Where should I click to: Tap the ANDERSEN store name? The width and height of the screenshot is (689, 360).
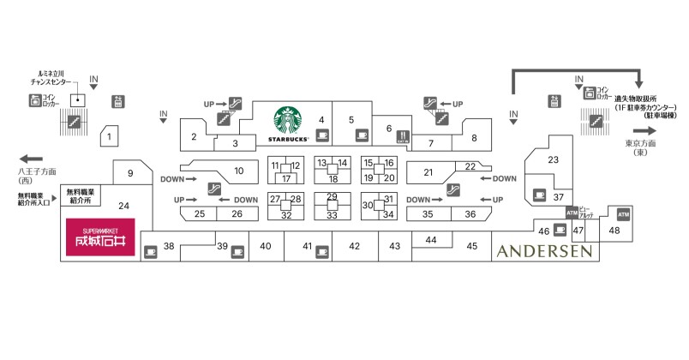point(543,250)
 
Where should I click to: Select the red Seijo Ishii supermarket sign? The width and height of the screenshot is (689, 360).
point(100,238)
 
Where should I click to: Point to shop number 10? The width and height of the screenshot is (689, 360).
point(239,171)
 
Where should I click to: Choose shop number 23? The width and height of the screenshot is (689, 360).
point(554,159)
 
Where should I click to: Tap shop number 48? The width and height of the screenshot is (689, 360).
point(614,230)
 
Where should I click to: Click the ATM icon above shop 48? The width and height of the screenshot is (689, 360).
point(623,213)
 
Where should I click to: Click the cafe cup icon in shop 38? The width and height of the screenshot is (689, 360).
point(151,251)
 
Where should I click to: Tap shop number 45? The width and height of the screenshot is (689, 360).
point(471,246)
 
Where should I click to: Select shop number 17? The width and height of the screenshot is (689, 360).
point(286,178)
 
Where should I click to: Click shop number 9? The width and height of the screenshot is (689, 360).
point(131,174)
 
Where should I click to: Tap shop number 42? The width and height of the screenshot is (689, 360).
point(353,246)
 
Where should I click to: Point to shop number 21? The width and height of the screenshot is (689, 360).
point(428,172)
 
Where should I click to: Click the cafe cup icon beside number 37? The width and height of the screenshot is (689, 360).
point(539,193)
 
